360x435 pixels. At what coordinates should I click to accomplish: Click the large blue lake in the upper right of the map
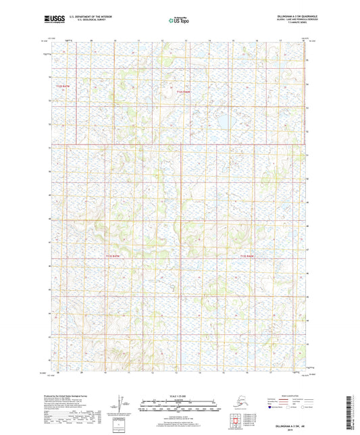(222, 122)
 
